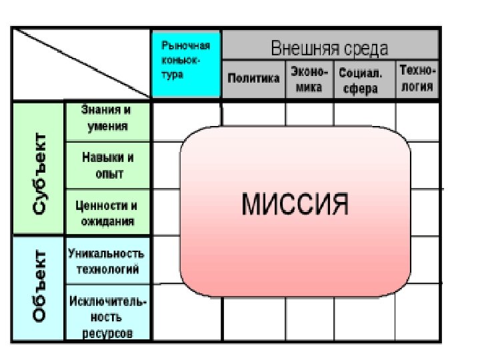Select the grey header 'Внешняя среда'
[329, 48]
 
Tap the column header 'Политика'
[253, 79]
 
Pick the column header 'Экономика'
[309, 79]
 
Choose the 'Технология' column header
[418, 79]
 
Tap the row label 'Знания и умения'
[107, 120]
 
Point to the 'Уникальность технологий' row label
[107, 261]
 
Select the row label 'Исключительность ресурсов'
[107, 315]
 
